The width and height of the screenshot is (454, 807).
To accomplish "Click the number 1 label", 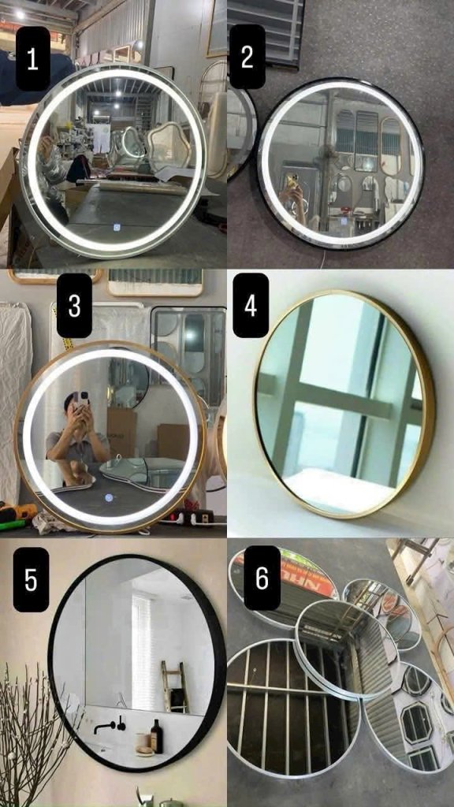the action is (x=32, y=59).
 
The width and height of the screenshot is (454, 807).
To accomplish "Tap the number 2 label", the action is (x=247, y=57).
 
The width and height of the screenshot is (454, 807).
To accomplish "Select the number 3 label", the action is (x=74, y=305).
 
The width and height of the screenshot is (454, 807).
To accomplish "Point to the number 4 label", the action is (x=251, y=305).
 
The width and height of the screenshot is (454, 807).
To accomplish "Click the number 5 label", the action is (x=31, y=579).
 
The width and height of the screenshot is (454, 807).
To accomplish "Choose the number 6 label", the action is (x=262, y=578).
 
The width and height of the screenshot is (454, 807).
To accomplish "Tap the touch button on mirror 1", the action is (x=117, y=226).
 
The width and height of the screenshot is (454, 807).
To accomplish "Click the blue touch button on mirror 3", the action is (x=109, y=498).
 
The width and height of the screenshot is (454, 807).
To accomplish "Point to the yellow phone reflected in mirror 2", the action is (x=292, y=181).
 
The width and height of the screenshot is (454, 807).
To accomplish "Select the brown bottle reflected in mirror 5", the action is (x=157, y=736).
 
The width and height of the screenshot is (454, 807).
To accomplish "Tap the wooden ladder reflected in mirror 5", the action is (x=174, y=686).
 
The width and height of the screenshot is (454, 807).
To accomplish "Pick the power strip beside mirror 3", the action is (x=193, y=516).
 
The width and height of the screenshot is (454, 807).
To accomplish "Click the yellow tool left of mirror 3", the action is (x=18, y=512).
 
